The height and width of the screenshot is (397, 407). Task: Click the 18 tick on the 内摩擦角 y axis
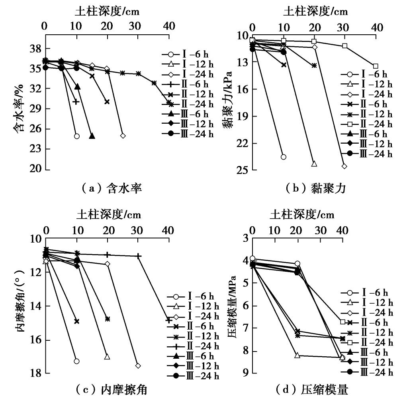pos(34,374)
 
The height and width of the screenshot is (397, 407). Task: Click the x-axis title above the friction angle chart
pos(109,215)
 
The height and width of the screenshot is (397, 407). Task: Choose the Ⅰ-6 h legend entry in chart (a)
pos(187,55)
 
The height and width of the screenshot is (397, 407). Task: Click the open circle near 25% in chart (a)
pos(77,136)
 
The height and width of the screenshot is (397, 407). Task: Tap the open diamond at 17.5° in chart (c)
pos(138,365)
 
